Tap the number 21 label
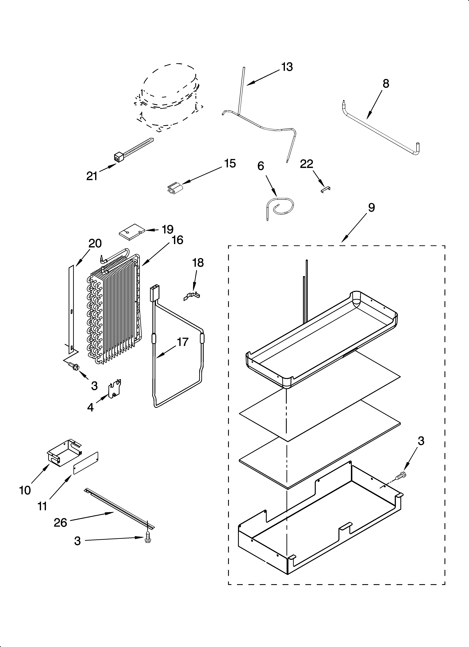[x=92, y=176]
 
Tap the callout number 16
[x=177, y=240]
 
